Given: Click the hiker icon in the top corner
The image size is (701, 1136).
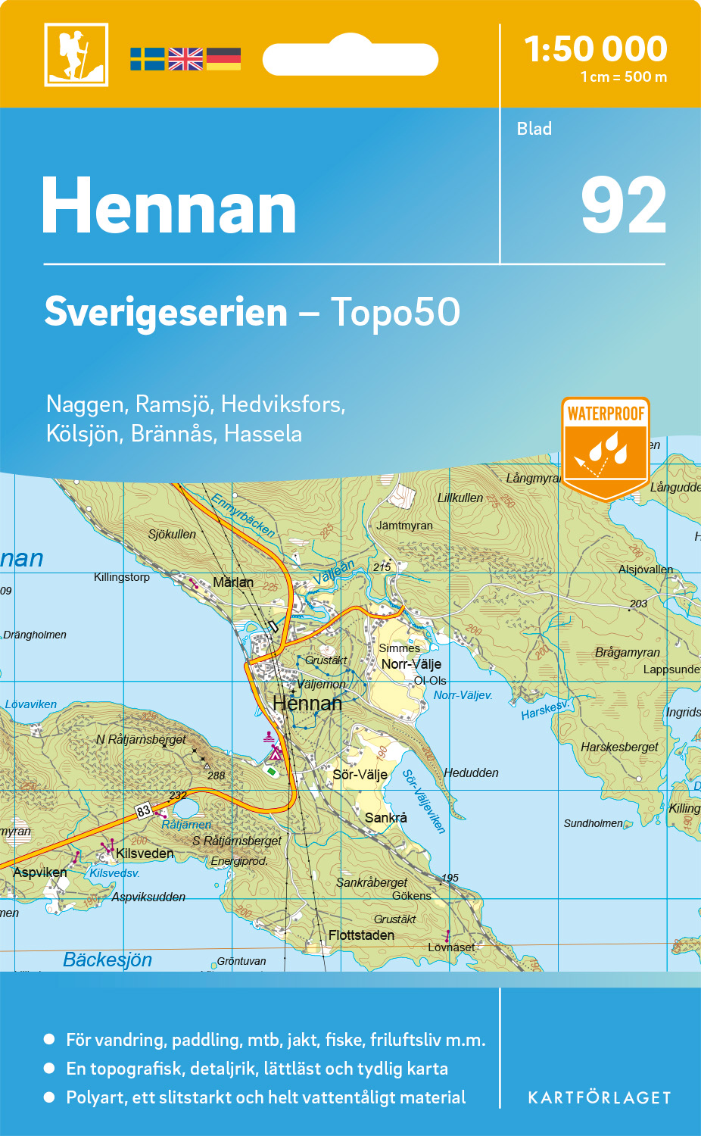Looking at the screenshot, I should click(x=76, y=55).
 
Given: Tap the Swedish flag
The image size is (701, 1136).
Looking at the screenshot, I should click(x=147, y=59).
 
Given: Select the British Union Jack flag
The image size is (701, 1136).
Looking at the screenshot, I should click(x=185, y=59).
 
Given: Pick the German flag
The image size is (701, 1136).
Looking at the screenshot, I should click(x=223, y=59).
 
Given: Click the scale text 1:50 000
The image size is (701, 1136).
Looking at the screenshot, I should click(x=596, y=50).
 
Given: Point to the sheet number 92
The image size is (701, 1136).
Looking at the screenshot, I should click(x=623, y=206).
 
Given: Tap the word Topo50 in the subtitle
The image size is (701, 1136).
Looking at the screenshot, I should click(x=394, y=312).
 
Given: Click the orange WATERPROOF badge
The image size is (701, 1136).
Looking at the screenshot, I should click(x=606, y=447).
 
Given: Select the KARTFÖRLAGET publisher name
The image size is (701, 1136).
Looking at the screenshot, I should click(x=599, y=1098).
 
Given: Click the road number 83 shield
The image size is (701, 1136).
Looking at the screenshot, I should click(x=144, y=811).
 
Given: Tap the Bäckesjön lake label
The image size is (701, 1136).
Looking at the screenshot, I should click(x=107, y=960).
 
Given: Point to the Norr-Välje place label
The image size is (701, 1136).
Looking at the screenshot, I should click(x=411, y=664).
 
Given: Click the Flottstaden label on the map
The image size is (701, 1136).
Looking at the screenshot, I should click(x=361, y=935).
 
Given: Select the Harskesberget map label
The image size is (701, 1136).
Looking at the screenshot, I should click(x=619, y=747).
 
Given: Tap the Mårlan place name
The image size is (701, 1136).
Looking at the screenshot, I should click(x=233, y=582).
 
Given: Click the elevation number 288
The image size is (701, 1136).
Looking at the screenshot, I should click(x=217, y=776).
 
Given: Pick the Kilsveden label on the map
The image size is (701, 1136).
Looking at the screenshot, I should click(x=145, y=854).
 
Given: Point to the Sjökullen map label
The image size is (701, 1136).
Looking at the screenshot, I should click(x=172, y=535).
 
